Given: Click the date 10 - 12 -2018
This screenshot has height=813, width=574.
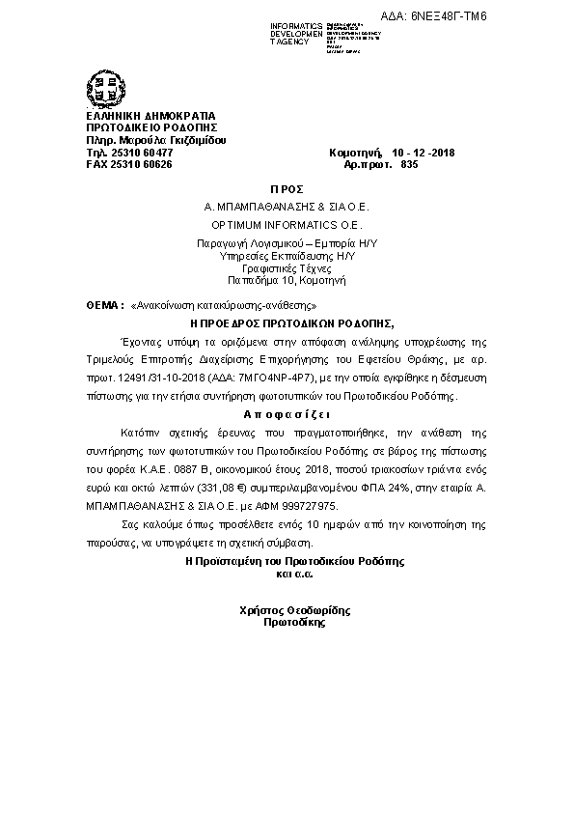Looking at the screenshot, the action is (424, 153).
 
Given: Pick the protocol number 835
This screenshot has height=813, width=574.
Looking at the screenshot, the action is (408, 165).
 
